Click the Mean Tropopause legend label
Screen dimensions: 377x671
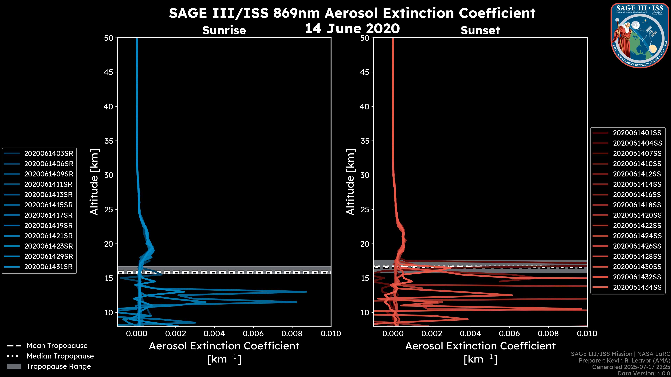[x=57, y=346]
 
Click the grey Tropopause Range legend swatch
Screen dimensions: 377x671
[x=14, y=366]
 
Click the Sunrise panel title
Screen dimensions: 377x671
[x=224, y=30]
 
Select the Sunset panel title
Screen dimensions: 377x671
[x=480, y=30]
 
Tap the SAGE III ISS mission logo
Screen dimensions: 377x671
[x=640, y=35]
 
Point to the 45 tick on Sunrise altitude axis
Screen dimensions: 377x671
[x=109, y=72]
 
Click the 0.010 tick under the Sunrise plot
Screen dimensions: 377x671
[x=331, y=334]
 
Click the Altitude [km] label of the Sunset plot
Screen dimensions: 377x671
[x=350, y=182]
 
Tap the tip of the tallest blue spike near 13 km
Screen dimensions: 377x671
[x=306, y=292]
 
